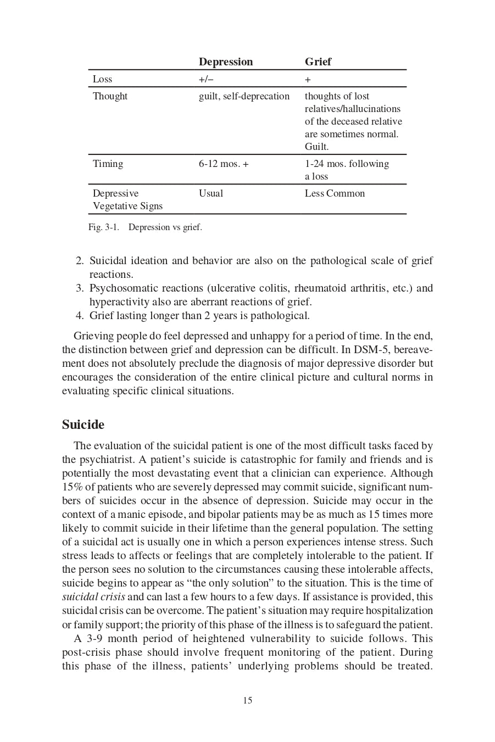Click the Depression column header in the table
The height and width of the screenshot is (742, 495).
[226, 62]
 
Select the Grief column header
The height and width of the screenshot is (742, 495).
[318, 62]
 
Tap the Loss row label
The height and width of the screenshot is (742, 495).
[102, 79]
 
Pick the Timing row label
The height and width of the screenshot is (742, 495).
[108, 164]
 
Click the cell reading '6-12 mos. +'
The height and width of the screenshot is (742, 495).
[224, 164]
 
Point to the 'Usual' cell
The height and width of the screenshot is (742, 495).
[211, 193]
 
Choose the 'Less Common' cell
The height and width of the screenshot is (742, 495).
[335, 193]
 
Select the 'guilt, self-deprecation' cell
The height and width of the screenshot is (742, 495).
[244, 96]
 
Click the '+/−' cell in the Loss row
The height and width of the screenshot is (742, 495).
[206, 79]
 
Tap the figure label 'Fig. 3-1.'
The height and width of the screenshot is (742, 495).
[103, 227]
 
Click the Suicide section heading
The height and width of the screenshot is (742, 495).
[83, 425]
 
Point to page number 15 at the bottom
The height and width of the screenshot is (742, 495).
[248, 700]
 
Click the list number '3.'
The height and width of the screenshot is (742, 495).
[80, 288]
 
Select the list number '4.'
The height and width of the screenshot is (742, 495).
[80, 316]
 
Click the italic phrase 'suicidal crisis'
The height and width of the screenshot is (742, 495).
[93, 597]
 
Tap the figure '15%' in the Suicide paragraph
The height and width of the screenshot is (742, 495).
[72, 487]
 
